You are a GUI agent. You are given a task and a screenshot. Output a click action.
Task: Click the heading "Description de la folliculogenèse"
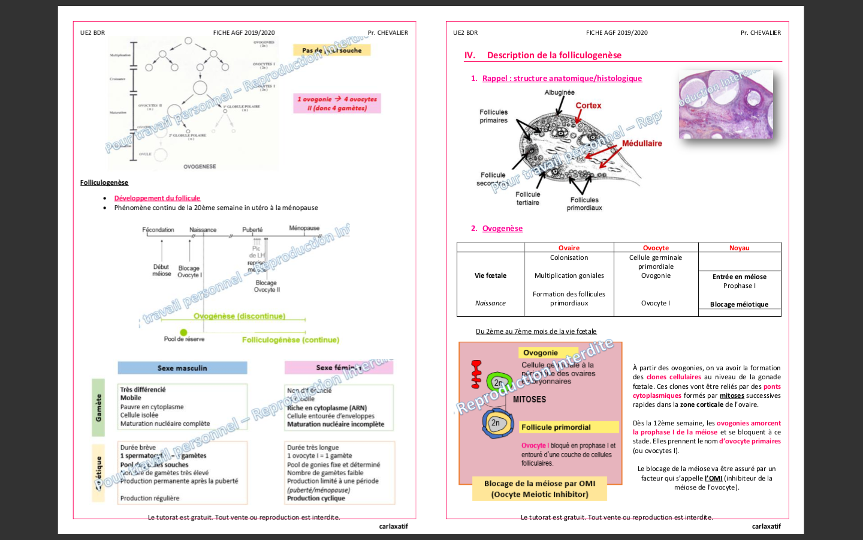point(554,55)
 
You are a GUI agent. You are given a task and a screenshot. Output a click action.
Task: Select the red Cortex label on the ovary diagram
point(588,106)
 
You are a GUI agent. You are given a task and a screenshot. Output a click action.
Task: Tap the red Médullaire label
point(641,143)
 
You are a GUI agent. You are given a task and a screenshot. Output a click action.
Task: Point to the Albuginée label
point(559,92)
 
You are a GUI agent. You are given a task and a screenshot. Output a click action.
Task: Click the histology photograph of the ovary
point(725,104)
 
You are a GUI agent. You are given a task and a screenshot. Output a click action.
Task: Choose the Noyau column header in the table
point(739,248)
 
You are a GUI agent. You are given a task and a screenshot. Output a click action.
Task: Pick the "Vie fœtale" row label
point(490,275)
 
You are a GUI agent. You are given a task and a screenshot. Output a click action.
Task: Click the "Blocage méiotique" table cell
point(739,304)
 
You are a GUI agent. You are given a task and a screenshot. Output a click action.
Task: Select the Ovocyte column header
point(656,248)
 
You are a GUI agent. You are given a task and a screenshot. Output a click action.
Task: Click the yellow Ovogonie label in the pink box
point(541,353)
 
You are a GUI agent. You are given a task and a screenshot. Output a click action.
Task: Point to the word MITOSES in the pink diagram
point(529,399)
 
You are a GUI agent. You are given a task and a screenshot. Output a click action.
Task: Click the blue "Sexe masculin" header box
point(182,368)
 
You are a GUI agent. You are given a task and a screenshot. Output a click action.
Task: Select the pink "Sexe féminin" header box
point(339,367)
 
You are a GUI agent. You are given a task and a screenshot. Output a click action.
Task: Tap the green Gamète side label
point(98,407)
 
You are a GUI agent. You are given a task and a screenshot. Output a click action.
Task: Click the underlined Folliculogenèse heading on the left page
point(104,182)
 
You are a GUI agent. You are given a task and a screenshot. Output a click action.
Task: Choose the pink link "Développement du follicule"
point(157,198)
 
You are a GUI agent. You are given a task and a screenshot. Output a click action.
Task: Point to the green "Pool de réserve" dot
point(183,332)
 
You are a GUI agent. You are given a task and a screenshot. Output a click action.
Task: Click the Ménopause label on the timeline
point(304,228)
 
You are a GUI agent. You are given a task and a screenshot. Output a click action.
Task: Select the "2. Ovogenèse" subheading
point(502,229)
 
